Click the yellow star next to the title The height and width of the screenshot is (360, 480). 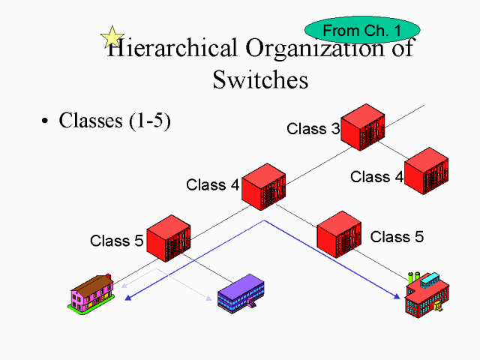[112, 36]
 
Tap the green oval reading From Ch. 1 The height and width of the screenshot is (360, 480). [361, 30]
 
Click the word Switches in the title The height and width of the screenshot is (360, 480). [260, 79]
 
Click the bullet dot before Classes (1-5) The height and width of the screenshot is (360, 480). [46, 121]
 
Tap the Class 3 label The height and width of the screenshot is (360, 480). [313, 128]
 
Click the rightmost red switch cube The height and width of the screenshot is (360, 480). [426, 171]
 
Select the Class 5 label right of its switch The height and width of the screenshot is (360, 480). [397, 237]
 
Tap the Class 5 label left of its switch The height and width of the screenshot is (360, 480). [116, 241]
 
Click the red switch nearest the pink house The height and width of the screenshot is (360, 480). [169, 238]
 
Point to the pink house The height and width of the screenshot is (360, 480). [90, 292]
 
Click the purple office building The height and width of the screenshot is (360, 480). [241, 294]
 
